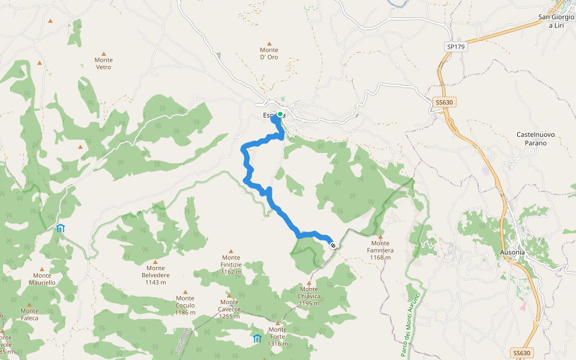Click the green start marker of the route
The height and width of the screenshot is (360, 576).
pyautogui.click(x=280, y=114)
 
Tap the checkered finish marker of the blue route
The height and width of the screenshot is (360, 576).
pyautogui.click(x=332, y=245)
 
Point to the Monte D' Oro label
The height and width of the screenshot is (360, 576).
pyautogui.click(x=269, y=53)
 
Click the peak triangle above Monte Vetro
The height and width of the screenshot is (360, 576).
pyautogui.click(x=103, y=53)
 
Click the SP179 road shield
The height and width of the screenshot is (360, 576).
pyautogui.click(x=456, y=46)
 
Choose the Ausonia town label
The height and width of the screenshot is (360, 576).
pyautogui.click(x=512, y=252)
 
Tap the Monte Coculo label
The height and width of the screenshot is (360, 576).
pyautogui.click(x=185, y=305)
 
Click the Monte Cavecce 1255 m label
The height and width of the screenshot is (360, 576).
pyautogui.click(x=229, y=312)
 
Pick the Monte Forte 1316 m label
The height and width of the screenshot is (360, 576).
pyautogui.click(x=277, y=337)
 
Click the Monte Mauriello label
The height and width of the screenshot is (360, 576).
pyautogui.click(x=41, y=278)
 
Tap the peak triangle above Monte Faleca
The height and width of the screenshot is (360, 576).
pyautogui.click(x=29, y=305)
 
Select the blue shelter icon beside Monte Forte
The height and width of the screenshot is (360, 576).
pyautogui.click(x=257, y=339)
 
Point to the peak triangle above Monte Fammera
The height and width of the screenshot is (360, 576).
pyautogui.click(x=380, y=237)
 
